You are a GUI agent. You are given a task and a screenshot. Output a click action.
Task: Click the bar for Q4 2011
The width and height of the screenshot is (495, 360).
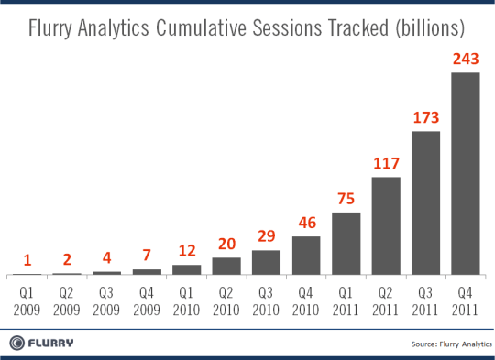(x=466, y=174)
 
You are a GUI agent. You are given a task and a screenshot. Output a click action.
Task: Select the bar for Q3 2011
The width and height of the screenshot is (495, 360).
(x=425, y=203)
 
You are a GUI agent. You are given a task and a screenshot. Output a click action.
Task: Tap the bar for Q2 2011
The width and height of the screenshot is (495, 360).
(x=386, y=226)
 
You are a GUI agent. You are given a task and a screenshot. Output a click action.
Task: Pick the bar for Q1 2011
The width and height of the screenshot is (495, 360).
(x=346, y=244)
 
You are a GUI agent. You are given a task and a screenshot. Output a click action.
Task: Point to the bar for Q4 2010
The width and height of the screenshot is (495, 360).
(x=306, y=256)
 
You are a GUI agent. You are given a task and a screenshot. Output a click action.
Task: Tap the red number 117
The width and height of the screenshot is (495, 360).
(x=386, y=165)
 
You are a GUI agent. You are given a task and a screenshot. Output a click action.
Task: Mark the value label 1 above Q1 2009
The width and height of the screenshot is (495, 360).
(x=27, y=261)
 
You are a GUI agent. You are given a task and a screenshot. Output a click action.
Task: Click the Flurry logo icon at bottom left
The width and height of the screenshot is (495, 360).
(x=18, y=343)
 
